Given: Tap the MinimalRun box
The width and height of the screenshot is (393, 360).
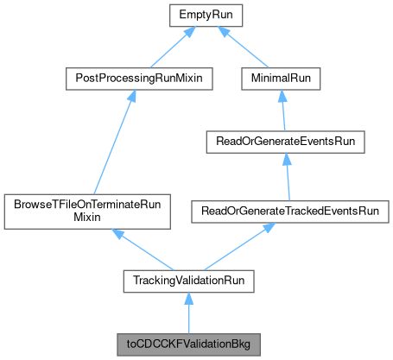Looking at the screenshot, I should pos(282,78).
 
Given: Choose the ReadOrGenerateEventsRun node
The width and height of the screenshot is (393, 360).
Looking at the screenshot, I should pos(282,141).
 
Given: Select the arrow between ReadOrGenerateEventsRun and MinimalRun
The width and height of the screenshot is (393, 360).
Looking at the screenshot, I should pos(282,109).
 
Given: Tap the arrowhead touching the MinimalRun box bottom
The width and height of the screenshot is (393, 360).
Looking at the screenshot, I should pos(282,94).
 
